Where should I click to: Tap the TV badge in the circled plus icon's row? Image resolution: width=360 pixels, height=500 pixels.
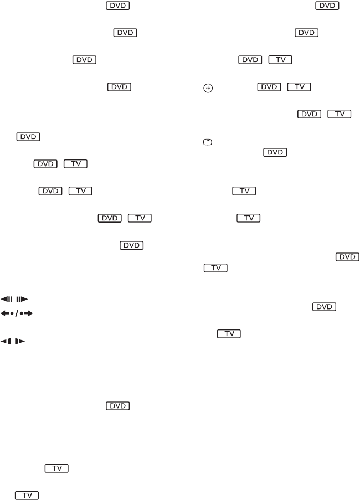pos(299,87)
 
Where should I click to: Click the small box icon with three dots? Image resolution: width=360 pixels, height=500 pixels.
pos(207,142)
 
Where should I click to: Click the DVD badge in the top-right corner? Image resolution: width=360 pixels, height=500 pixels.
pos(327,6)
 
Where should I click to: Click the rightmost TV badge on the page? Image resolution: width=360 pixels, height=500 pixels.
pos(339,114)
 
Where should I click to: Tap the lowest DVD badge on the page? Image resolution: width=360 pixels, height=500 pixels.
pos(117,406)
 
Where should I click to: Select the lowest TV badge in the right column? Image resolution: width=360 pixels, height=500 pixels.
pos(229,334)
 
